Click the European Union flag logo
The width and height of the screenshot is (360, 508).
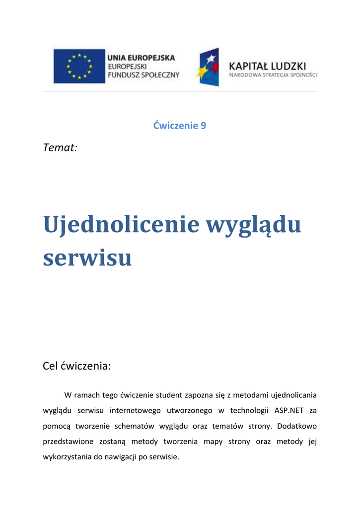tap(79, 66)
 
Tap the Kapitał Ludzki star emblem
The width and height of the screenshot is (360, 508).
tap(208, 67)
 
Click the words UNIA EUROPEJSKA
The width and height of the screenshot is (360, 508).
tap(142, 58)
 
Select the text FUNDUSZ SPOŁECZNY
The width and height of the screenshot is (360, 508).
tap(144, 75)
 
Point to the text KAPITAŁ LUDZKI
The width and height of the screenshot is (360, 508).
tap(267, 65)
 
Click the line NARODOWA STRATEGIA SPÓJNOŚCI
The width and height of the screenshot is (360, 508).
tap(273, 75)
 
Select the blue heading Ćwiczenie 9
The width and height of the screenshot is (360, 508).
tap(180, 126)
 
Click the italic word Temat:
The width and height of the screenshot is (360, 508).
tap(60, 147)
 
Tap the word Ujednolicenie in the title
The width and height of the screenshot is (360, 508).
tap(121, 225)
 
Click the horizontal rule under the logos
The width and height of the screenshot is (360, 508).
tap(180, 91)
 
